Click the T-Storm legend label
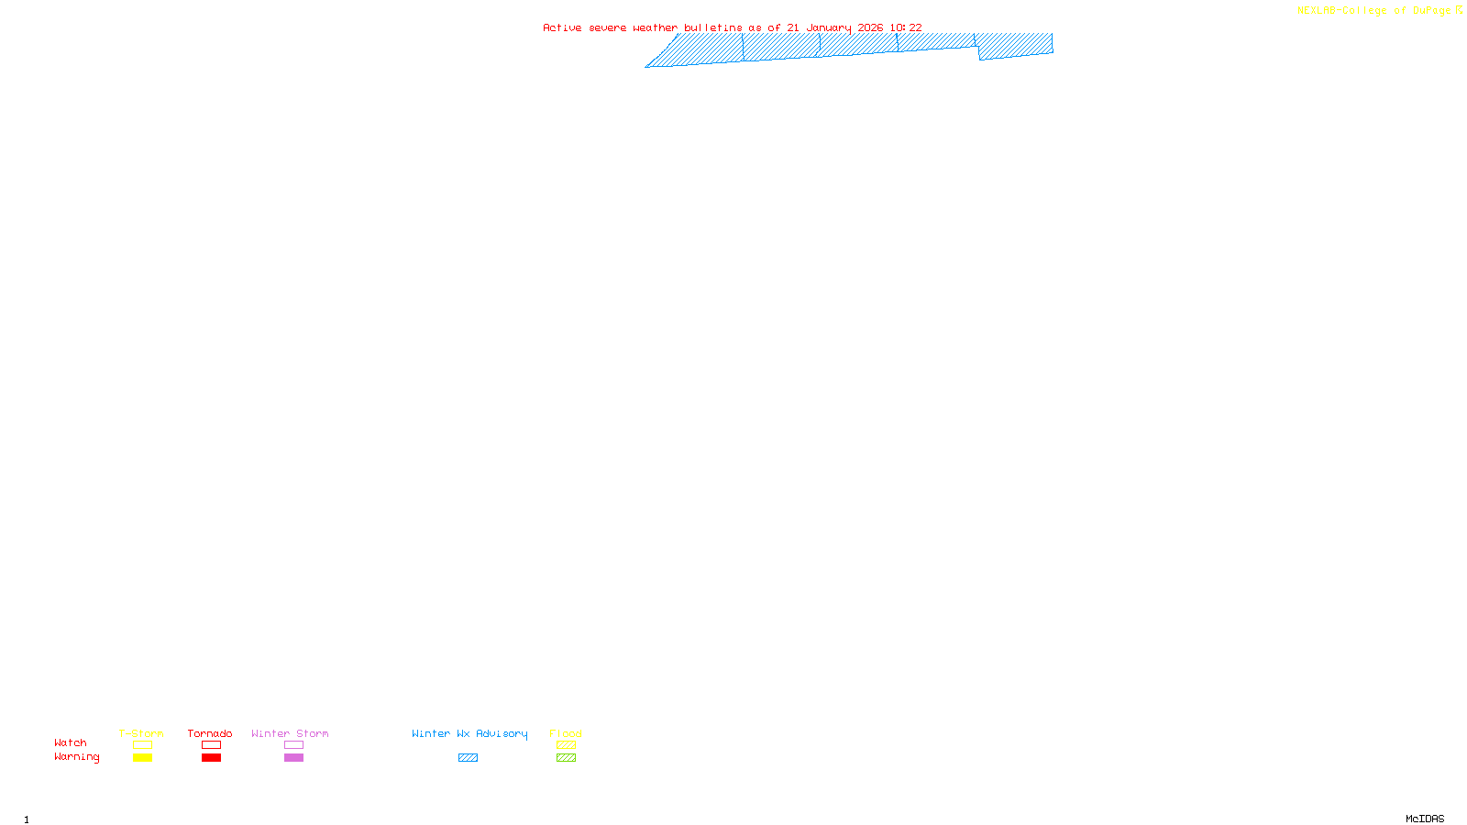[141, 733]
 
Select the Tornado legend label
[210, 733]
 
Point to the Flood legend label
[566, 733]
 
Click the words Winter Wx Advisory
[469, 733]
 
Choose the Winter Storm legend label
[290, 733]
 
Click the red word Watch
[71, 742]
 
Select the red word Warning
[77, 757]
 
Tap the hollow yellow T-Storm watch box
[142, 745]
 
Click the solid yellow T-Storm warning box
[142, 758]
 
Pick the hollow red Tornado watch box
[211, 745]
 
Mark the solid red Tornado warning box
[211, 758]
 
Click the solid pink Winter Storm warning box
[293, 758]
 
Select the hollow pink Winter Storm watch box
[293, 745]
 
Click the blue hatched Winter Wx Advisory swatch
[468, 758]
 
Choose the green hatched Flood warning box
[566, 758]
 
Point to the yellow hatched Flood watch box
[566, 745]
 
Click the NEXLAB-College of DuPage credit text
[1374, 11]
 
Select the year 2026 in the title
[870, 28]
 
